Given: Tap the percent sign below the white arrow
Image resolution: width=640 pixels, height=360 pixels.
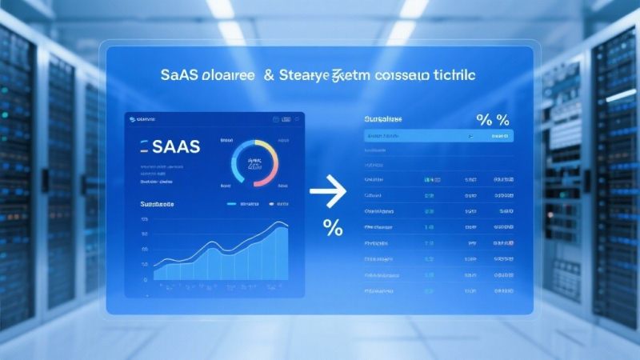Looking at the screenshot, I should click(333, 229).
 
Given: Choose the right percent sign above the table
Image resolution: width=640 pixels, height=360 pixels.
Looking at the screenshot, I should click(503, 121).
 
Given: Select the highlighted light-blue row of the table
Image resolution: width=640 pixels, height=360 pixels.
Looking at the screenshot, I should click(438, 136).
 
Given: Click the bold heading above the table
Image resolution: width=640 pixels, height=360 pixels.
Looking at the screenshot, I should click(383, 118).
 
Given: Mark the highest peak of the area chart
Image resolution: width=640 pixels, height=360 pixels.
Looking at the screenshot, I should click(281, 224).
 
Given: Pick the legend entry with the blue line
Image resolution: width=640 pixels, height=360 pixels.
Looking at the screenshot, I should click(244, 205).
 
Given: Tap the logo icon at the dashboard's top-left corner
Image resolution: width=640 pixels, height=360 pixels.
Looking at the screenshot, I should click(132, 118).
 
